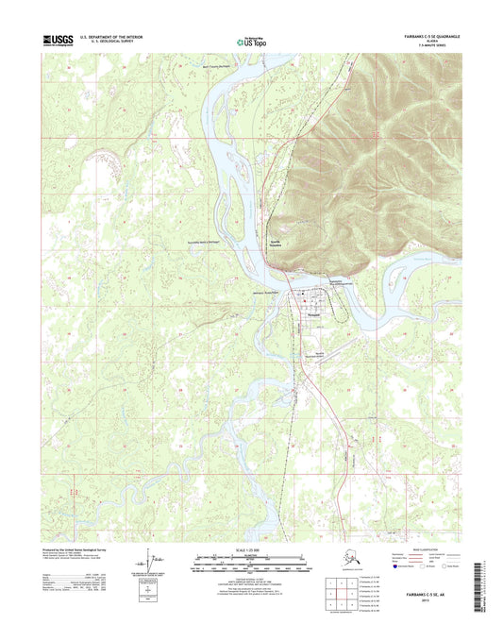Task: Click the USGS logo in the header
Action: pyautogui.click(x=59, y=41)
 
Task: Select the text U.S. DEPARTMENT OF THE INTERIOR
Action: pyautogui.click(x=119, y=38)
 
